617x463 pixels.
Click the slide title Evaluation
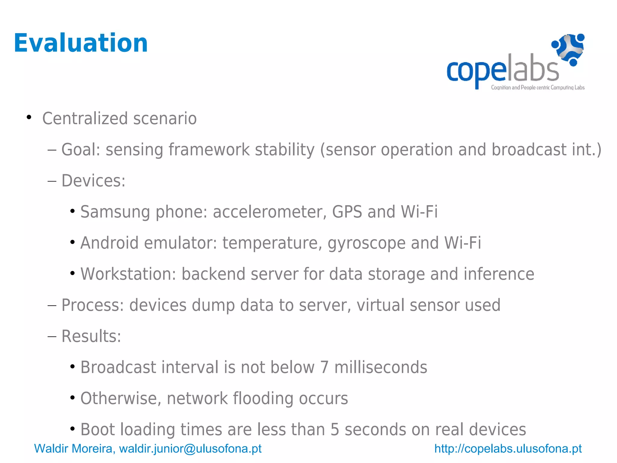click(x=81, y=43)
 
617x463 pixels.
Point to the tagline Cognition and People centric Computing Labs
click(x=537, y=88)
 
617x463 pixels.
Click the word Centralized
click(x=85, y=118)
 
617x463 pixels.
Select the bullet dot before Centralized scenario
click(x=29, y=117)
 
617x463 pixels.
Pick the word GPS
click(x=347, y=212)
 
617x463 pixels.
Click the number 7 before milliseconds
click(x=324, y=367)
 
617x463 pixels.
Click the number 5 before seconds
click(x=335, y=430)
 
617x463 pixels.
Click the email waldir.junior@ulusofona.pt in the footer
click(x=190, y=449)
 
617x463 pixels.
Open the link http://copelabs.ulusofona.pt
click(x=508, y=449)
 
